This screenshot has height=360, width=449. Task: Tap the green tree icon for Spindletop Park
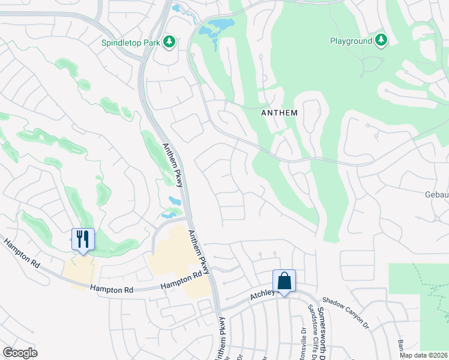[x=169, y=41]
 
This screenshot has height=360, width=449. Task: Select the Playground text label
[x=351, y=41]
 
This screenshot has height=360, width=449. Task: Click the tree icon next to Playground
[x=381, y=40]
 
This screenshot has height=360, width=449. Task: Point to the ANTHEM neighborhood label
[x=280, y=112]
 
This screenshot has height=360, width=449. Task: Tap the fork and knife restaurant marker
[x=82, y=239]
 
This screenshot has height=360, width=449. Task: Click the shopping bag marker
[x=284, y=281]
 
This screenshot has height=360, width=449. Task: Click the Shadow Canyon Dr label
[x=345, y=311]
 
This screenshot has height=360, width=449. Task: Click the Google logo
[x=20, y=352]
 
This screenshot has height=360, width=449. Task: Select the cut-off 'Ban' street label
[x=400, y=346]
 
